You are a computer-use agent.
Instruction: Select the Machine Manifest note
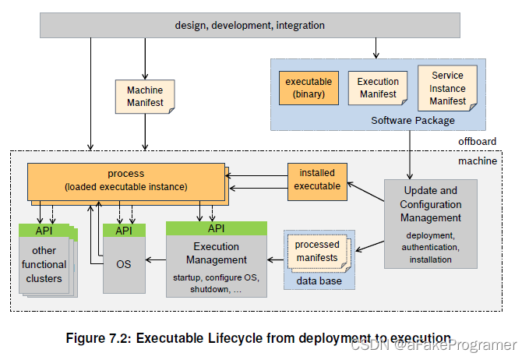145,97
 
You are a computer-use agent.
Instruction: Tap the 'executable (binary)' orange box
309,87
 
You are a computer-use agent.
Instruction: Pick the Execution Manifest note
377,87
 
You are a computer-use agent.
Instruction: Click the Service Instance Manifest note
446,88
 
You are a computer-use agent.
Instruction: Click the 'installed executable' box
316,179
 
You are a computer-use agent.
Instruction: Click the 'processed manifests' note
316,251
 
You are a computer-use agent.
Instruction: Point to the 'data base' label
319,281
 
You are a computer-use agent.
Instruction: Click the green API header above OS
124,231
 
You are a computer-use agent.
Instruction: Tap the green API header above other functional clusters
44,231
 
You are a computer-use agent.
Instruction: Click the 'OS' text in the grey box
124,263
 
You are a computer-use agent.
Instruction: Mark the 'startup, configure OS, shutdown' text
215,283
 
